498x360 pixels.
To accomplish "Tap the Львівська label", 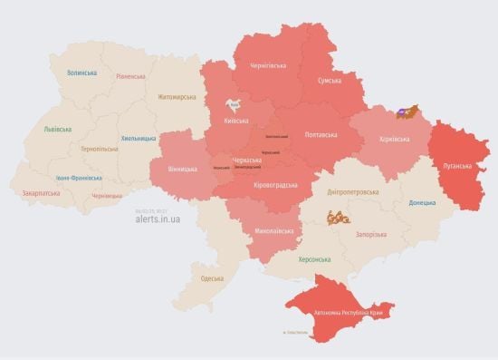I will [x=57, y=129].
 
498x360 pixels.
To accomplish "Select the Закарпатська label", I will [x=43, y=192].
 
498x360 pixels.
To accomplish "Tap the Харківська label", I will [x=393, y=139].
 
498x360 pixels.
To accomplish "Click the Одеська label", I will [x=212, y=277].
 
